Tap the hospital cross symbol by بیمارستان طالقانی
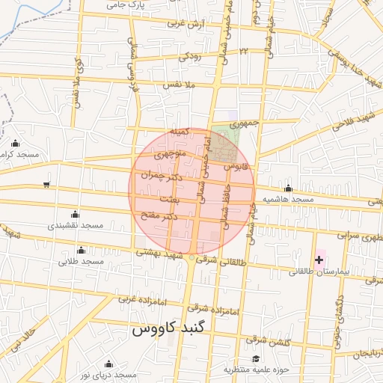coord(319,260)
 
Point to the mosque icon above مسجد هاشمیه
coord(288,188)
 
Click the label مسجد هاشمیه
coord(287,200)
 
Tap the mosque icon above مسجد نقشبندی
coord(74,213)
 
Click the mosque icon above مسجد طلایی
coord(81,250)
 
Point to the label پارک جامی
coord(125,4)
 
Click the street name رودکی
coord(190,56)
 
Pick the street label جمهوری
coord(243,123)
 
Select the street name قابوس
coord(234,165)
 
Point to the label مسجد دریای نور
coord(109,375)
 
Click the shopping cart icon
coord(47,183)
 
